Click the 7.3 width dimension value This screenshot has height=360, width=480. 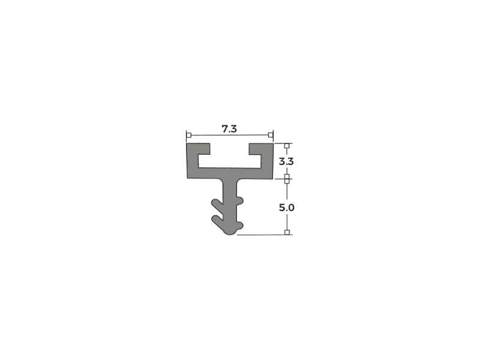coord(229,129)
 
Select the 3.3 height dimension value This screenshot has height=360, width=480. coord(286,161)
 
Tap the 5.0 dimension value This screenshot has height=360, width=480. coord(287,208)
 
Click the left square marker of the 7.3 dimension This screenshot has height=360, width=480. coord(189,135)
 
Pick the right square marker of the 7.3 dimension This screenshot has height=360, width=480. coord(271,135)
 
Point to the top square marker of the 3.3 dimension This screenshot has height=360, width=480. coord(287,146)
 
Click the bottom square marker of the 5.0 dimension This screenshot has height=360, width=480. coord(287,232)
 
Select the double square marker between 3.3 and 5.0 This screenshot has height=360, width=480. coord(287,179)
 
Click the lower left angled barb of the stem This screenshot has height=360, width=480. coord(218,222)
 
